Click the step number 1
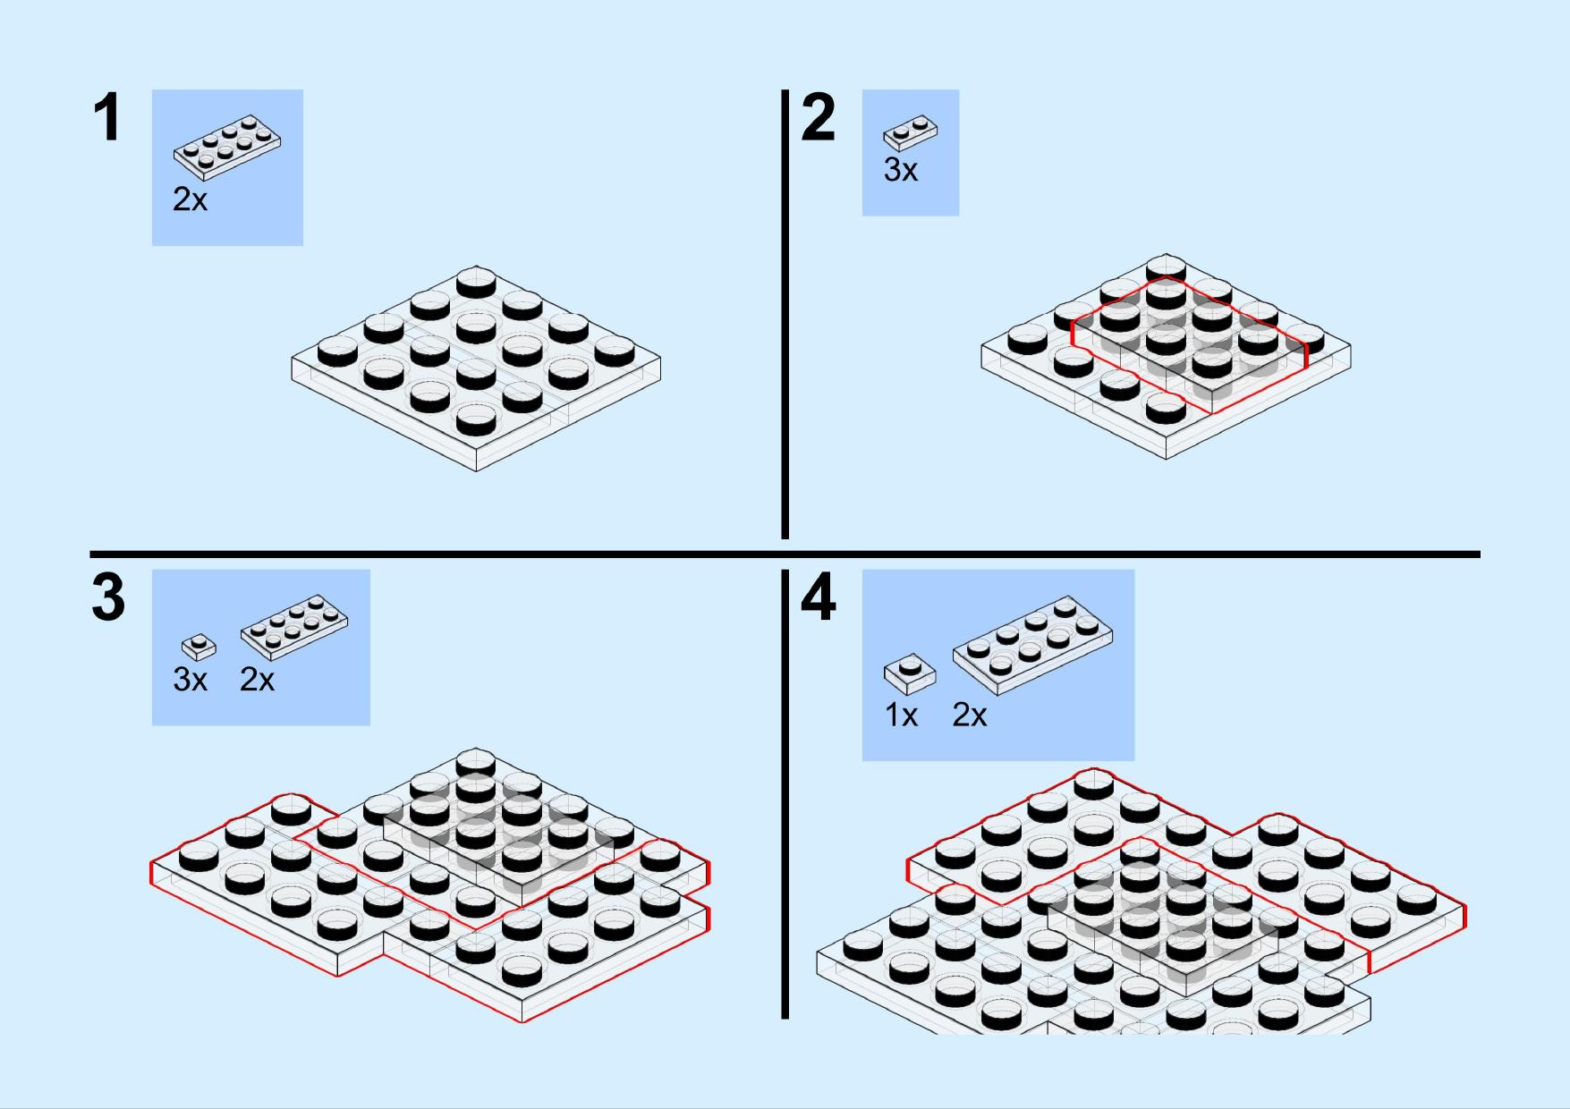click(x=107, y=118)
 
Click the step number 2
click(x=819, y=118)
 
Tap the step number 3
click(x=108, y=598)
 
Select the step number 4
click(x=819, y=598)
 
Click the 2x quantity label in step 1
click(x=190, y=199)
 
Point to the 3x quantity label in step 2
click(x=901, y=170)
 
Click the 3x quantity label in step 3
click(x=190, y=680)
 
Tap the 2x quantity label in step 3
click(x=257, y=680)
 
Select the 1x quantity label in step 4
click(x=902, y=715)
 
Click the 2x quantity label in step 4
click(x=970, y=715)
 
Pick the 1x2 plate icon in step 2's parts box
click(x=911, y=132)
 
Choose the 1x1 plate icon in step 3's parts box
click(x=199, y=647)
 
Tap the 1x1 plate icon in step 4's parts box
click(x=910, y=674)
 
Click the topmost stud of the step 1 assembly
click(x=476, y=282)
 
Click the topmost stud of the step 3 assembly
click(x=476, y=763)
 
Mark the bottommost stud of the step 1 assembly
click(x=476, y=418)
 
